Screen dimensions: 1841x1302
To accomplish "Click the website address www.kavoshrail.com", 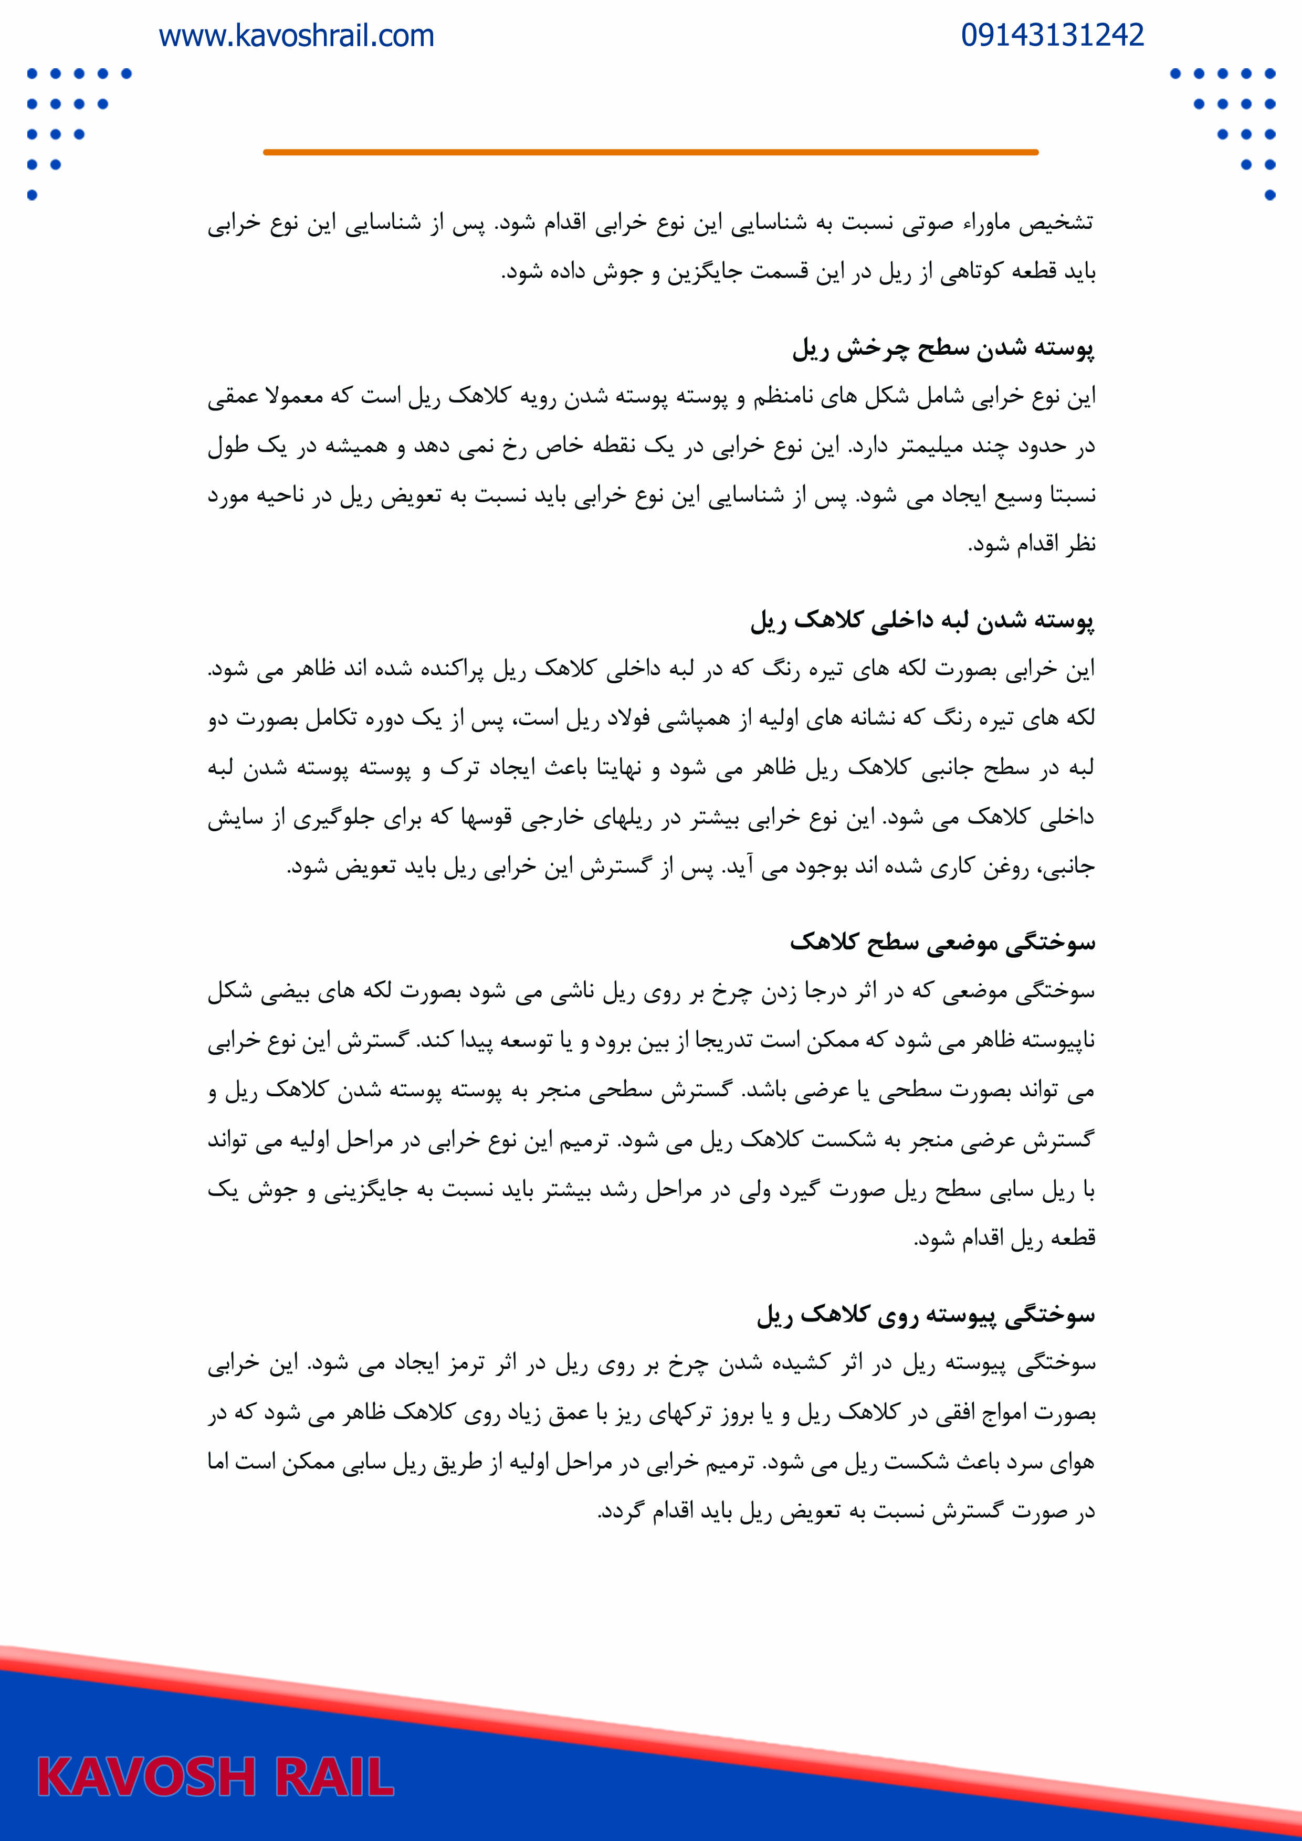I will click(296, 36).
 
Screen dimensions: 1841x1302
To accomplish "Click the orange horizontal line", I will click(650, 152).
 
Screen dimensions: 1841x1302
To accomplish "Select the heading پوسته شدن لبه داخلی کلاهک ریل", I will click(922, 621).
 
